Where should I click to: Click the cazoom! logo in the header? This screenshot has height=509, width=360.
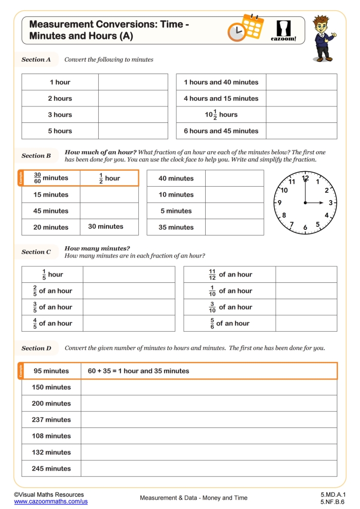coord(284,30)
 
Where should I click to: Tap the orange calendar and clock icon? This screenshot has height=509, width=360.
coord(245,28)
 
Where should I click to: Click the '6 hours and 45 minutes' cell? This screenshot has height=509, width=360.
coord(221,131)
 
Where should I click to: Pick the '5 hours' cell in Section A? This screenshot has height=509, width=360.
coord(60,131)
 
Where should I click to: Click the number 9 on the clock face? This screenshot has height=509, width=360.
coord(280,203)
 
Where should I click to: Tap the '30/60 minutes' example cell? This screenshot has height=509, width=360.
coord(51,178)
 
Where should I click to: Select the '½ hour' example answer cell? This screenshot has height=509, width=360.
coord(110,178)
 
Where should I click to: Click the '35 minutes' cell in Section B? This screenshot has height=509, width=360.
coord(176,227)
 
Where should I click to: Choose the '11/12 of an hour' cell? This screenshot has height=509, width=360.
coord(230,275)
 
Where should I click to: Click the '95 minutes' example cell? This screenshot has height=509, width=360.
coord(51,371)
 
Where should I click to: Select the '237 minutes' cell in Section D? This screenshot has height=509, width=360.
coord(51,420)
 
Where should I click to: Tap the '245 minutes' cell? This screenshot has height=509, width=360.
coord(51,468)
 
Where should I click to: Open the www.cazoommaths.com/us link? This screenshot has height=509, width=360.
coord(51,501)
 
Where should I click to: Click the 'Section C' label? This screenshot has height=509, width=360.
coord(37,252)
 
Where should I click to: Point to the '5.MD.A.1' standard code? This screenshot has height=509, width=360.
coord(333,495)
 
